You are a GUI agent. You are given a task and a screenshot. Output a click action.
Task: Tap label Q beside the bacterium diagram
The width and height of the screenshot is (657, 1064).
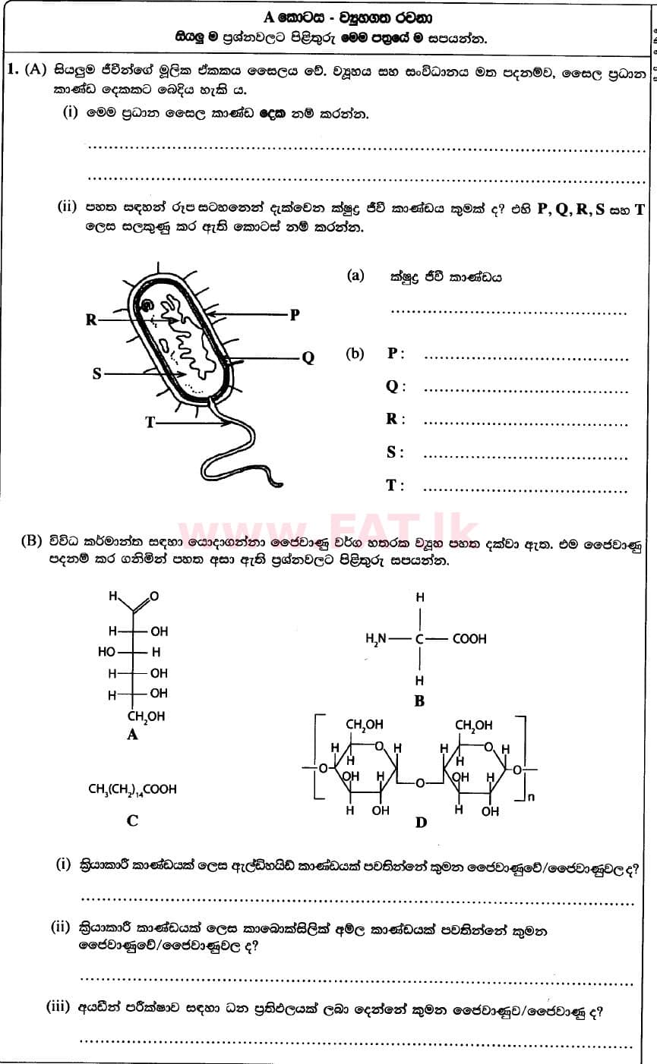[x=308, y=358]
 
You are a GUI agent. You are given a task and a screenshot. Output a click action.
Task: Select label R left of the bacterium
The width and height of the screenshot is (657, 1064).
[x=91, y=320]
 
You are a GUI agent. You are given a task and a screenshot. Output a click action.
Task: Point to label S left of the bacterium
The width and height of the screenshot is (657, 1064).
[x=97, y=374]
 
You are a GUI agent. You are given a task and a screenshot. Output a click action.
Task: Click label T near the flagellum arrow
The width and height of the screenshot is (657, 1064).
[x=150, y=423]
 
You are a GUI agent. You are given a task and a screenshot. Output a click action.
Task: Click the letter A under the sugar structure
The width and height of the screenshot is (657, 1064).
[x=133, y=734]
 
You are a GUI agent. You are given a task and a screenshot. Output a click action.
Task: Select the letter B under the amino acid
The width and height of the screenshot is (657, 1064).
[x=419, y=701]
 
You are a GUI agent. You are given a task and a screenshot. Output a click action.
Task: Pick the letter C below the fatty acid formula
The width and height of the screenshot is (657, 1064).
[x=132, y=820]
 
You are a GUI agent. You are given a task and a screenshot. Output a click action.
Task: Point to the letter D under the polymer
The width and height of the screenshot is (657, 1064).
[x=421, y=823]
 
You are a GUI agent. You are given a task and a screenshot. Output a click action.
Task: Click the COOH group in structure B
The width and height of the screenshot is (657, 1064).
[x=469, y=639]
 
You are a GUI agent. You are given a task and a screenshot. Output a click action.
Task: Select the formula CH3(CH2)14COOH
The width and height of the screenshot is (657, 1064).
[x=132, y=789]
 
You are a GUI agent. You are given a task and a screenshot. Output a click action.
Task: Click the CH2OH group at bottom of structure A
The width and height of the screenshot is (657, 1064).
[x=145, y=716]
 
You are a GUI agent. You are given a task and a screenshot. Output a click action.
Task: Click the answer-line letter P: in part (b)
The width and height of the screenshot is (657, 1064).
[x=393, y=354]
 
